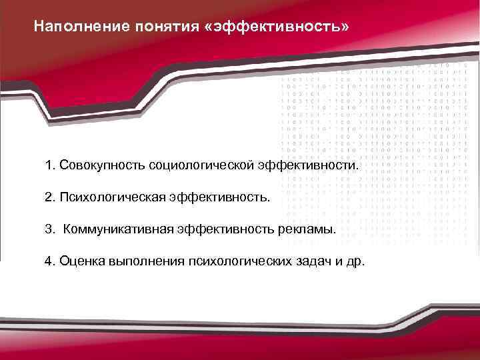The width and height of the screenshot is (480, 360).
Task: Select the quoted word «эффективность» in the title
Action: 276,27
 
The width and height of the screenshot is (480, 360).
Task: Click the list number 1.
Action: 49,165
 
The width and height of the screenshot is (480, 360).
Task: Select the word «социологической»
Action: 201,165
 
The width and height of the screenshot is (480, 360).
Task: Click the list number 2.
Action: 49,197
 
